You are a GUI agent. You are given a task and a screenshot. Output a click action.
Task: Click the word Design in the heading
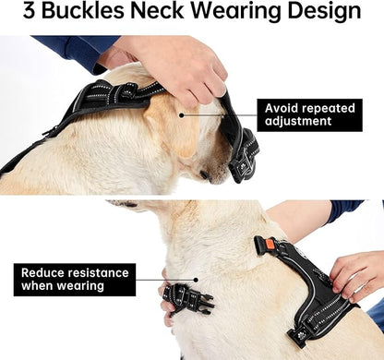tap(327, 13)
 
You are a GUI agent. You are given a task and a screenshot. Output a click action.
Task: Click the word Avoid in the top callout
tap(284, 107)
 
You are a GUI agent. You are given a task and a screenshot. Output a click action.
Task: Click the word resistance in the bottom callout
tap(102, 272)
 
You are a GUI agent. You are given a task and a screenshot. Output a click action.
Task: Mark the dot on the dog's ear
tap(183, 115)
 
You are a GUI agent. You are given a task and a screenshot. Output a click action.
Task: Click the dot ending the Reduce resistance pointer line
tap(195, 279)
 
